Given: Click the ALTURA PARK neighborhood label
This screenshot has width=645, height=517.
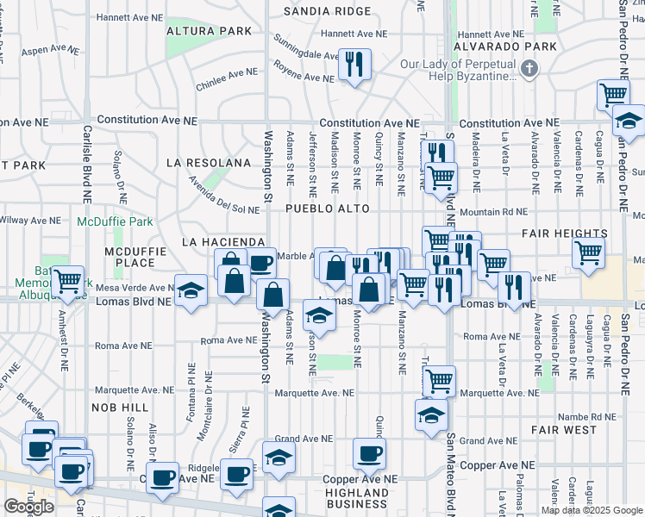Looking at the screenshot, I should tap(211, 31).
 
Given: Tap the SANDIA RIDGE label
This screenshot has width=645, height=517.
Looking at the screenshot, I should tap(330, 12).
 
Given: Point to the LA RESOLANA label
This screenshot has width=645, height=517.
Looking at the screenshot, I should tap(209, 162).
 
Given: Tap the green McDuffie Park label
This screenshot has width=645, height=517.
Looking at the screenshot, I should tap(115, 221).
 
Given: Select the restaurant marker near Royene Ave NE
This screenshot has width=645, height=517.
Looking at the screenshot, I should tap(354, 65).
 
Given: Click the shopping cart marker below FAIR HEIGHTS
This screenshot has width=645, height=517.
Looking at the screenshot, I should tap(588, 253).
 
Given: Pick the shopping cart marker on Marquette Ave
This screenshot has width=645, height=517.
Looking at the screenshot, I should tap(440, 380).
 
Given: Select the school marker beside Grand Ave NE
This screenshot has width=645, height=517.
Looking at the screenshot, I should tap(278, 457).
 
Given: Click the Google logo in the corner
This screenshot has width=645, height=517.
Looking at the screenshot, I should tap(28, 507).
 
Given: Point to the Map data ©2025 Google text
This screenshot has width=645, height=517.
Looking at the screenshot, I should tap(592, 510).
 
